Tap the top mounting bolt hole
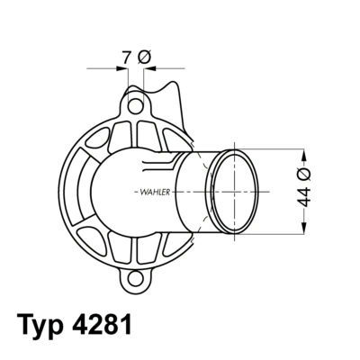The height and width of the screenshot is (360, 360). pos(135,107)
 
